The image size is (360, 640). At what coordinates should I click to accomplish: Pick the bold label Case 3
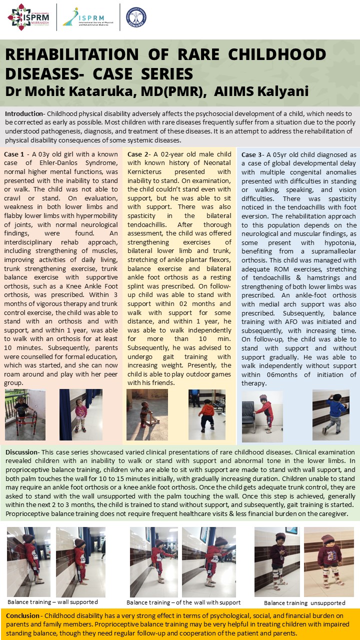252,154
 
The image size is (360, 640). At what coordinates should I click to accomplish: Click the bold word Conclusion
23,615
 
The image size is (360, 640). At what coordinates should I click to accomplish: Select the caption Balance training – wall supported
52,601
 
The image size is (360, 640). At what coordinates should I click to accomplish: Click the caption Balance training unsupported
304,603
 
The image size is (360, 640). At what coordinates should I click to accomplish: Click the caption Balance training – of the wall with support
183,602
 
